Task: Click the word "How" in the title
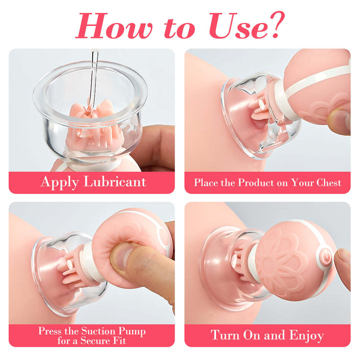point(114,26)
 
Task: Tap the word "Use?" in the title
point(247,25)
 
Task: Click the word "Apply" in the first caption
point(60,183)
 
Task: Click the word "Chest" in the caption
point(329,183)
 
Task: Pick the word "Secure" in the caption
point(96,341)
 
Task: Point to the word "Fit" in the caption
point(120,341)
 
